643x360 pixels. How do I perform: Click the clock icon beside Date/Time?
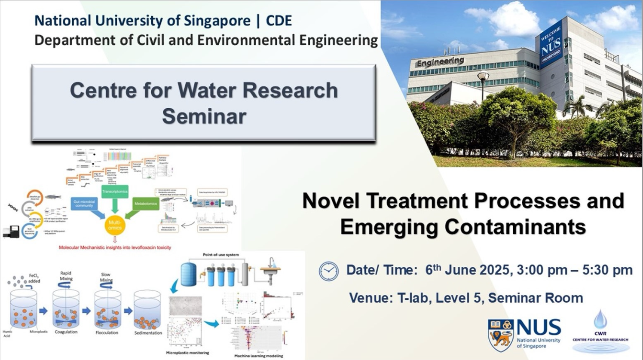(329, 271)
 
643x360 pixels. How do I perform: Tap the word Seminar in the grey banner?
(204, 116)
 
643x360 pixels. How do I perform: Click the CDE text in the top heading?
(279, 20)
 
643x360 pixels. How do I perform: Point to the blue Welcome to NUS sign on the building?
(551, 45)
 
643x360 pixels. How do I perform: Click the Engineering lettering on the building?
(440, 62)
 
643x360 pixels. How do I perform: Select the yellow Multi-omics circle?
(115, 225)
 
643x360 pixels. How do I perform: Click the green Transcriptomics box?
(115, 192)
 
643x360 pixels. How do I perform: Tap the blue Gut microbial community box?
(84, 203)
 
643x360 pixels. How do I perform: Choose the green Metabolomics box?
(146, 204)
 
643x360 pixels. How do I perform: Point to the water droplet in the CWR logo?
(600, 319)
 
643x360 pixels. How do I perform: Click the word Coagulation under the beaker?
(66, 332)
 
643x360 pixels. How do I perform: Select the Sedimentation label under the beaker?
(148, 333)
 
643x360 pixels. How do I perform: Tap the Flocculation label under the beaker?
(107, 333)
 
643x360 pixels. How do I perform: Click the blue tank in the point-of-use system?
(188, 274)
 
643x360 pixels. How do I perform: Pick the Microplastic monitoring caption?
(187, 353)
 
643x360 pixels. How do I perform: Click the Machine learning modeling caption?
(259, 356)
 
